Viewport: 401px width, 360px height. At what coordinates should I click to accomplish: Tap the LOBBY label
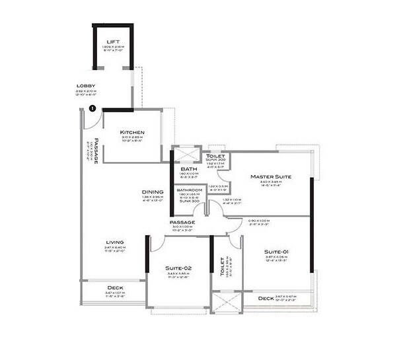tap(86, 85)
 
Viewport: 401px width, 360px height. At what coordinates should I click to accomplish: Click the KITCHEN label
tap(132, 132)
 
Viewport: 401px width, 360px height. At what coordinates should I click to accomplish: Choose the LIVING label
tap(115, 242)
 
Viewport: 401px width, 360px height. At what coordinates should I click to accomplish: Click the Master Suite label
tap(271, 177)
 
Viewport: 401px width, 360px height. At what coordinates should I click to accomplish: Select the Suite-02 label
tap(178, 268)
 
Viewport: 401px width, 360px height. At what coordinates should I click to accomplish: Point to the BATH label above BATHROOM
tap(187, 169)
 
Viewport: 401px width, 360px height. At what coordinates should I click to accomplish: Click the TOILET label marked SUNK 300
tap(216, 156)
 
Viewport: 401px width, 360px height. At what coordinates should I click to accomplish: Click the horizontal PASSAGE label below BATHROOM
tap(182, 222)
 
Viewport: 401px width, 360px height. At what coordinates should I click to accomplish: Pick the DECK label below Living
tap(115, 288)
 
